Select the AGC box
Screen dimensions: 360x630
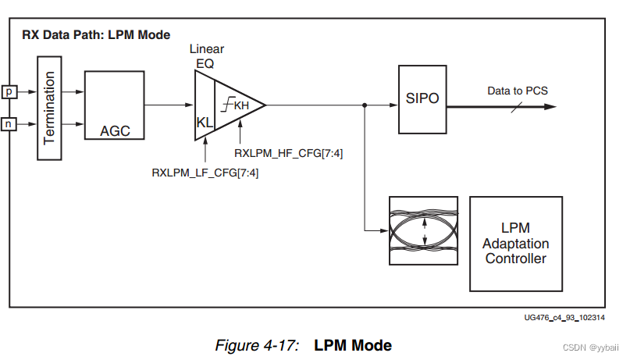click(115, 105)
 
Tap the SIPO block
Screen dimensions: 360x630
click(422, 100)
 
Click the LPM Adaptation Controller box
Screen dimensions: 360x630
click(515, 243)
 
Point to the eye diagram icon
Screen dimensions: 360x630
click(423, 231)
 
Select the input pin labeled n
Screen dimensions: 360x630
click(9, 123)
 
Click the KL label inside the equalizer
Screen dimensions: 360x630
click(205, 122)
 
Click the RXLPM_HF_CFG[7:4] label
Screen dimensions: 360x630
click(288, 153)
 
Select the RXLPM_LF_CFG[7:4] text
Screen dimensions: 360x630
click(205, 173)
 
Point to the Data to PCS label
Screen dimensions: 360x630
click(518, 91)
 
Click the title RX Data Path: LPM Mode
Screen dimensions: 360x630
click(94, 34)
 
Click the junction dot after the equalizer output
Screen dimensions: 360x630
click(365, 104)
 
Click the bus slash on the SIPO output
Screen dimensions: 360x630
click(517, 104)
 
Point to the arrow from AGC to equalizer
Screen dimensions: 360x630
click(169, 104)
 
